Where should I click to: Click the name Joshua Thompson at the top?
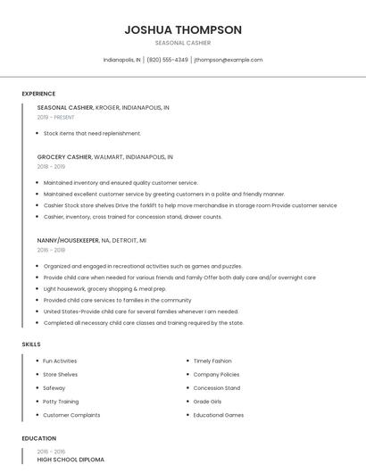click(183, 29)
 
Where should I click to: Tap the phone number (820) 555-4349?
click(167, 60)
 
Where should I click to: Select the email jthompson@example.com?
click(229, 60)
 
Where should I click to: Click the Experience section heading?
click(38, 94)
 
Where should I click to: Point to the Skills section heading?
click(31, 344)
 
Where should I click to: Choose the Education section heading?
click(39, 438)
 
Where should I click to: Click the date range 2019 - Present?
click(56, 117)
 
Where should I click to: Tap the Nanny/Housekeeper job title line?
click(92, 240)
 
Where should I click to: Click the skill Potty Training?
click(61, 402)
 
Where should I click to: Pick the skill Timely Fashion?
click(212, 361)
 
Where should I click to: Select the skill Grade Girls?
click(207, 402)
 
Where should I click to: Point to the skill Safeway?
click(54, 388)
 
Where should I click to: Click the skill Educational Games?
click(219, 415)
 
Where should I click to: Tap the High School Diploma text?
click(71, 460)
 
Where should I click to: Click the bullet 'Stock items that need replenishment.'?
click(92, 133)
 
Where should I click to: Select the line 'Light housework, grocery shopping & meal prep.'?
click(105, 288)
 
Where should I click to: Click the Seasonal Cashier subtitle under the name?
click(183, 43)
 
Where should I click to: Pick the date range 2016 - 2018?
click(52, 251)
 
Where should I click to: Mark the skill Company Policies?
click(216, 374)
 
